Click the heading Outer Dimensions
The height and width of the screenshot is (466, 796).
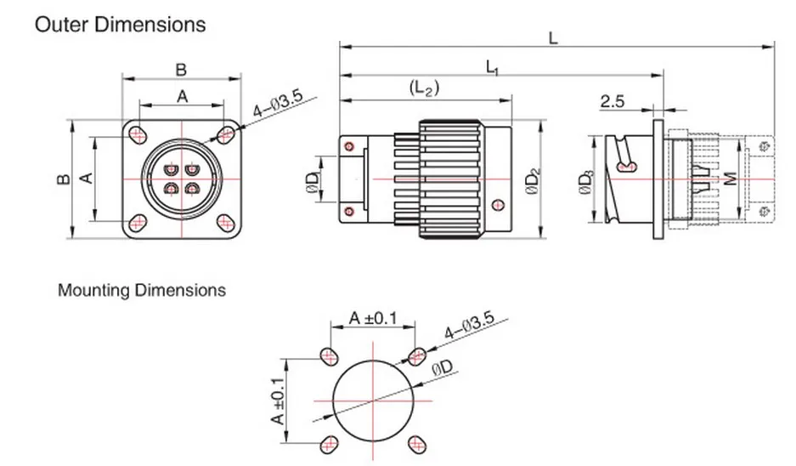coord(119,24)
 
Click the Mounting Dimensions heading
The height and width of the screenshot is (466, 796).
coord(142,290)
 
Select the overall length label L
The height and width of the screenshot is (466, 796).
coord(553,38)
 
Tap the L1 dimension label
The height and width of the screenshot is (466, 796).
coord(492,66)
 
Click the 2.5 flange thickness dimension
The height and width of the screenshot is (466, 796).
coord(613,102)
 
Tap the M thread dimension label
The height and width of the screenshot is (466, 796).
coord(729,180)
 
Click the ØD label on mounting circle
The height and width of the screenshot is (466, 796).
coord(442,369)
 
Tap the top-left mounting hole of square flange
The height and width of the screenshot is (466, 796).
coord(137,134)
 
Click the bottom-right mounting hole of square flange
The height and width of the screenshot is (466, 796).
coord(227,223)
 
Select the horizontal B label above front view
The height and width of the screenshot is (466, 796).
coord(180,69)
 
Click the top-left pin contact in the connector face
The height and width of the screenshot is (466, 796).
coord(172,168)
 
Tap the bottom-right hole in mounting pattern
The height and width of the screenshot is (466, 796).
coord(416,443)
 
